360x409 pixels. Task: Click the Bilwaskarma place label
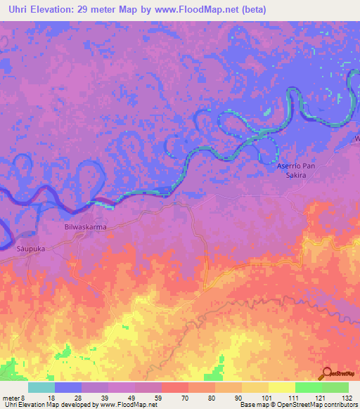[80, 229]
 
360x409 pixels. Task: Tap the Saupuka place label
[31, 249]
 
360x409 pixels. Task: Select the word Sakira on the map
[292, 179]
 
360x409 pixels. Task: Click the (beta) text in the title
[265, 10]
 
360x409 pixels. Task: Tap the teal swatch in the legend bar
[41, 387]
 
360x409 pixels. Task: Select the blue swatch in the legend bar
[68, 387]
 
